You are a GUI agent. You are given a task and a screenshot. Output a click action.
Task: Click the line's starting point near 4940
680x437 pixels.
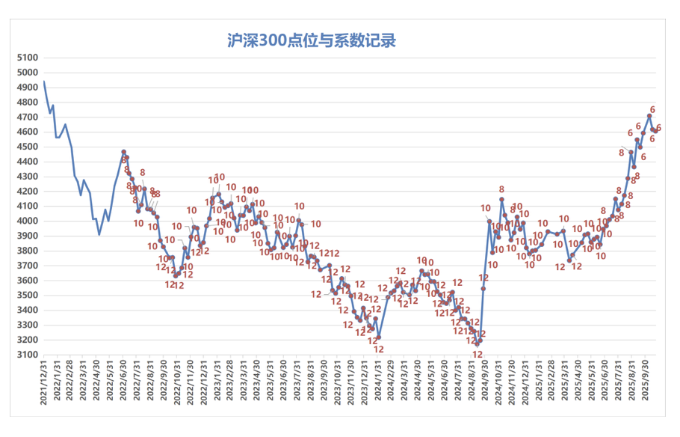pyautogui.click(x=44, y=82)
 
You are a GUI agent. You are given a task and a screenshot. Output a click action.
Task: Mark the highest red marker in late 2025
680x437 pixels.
pyautogui.click(x=649, y=116)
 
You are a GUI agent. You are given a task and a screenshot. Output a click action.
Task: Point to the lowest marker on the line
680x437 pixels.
pyautogui.click(x=476, y=343)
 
